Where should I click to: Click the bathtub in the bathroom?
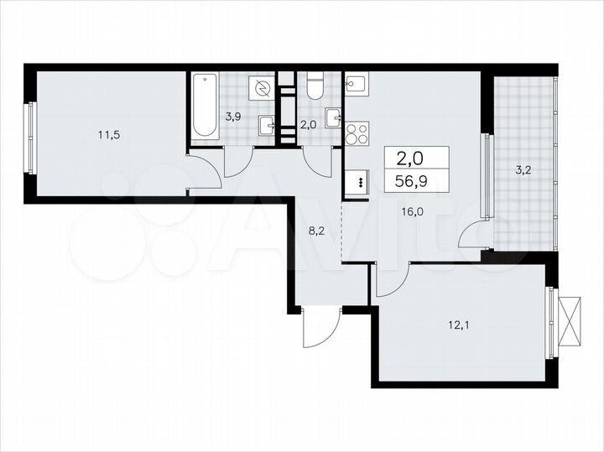(205, 107)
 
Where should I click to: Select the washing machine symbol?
(263, 89)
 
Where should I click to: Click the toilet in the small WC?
(315, 86)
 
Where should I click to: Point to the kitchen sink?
(356, 84)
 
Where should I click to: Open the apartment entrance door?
(321, 327)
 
